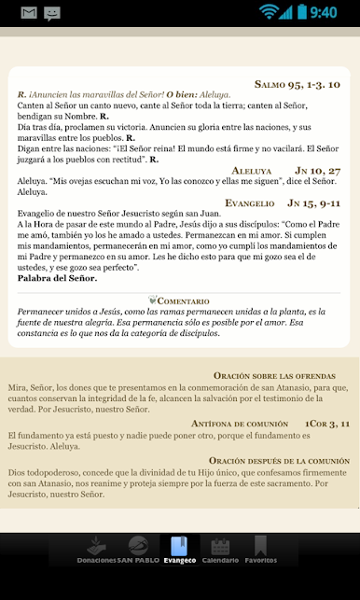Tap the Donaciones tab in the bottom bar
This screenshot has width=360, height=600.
[x=96, y=550]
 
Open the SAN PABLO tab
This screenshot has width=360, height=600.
[x=138, y=550]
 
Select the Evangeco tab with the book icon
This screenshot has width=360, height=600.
[x=179, y=550]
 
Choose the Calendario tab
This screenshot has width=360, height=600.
[x=220, y=550]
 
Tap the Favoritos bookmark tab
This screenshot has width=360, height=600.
[x=261, y=550]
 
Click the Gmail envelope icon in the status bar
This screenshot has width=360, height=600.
[x=28, y=13]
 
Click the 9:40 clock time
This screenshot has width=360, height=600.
[x=323, y=13]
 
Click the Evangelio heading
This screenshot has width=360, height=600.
[x=249, y=202]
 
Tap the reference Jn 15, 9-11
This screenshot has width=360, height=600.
[x=313, y=202]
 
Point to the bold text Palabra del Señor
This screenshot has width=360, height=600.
[x=57, y=278]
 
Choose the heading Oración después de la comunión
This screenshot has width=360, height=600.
[x=278, y=461]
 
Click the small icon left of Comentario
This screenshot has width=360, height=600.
[x=153, y=300]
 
